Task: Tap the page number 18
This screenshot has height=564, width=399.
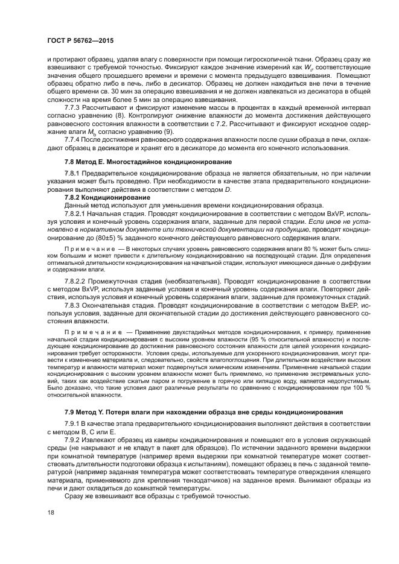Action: coord(52,511)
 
